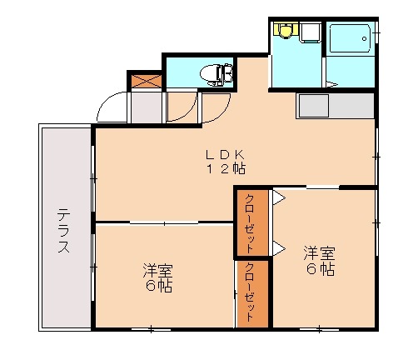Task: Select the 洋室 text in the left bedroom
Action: (x=157, y=270)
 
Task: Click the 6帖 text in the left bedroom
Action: (x=157, y=287)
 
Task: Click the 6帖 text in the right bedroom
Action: (x=319, y=269)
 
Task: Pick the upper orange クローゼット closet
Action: (x=250, y=222)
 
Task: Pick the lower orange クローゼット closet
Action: (x=250, y=292)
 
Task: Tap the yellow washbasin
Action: (x=286, y=31)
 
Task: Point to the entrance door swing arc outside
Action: (x=110, y=107)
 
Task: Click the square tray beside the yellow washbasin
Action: (x=310, y=32)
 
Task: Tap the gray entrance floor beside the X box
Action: (x=147, y=107)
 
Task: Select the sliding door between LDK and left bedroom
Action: (x=164, y=222)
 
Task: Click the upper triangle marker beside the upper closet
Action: (x=279, y=198)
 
